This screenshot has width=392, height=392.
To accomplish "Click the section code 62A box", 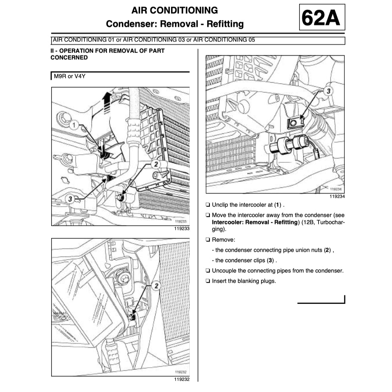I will pyautogui.click(x=321, y=17).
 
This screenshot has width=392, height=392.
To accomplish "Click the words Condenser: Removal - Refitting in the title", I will pyautogui.click(x=175, y=24).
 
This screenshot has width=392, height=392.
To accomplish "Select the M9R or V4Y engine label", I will pyautogui.click(x=67, y=76).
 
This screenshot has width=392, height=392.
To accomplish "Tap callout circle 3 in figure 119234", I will pyautogui.click(x=327, y=91).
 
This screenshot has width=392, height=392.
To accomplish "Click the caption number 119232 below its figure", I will pyautogui.click(x=182, y=379).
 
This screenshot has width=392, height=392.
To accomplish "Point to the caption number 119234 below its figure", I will pyautogui.click(x=337, y=196).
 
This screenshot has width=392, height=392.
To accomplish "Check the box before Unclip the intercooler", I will pyautogui.click(x=208, y=205).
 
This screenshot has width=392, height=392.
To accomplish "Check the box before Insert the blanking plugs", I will pyautogui.click(x=208, y=281).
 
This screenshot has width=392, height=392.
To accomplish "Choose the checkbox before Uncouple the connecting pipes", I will pyautogui.click(x=208, y=271).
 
